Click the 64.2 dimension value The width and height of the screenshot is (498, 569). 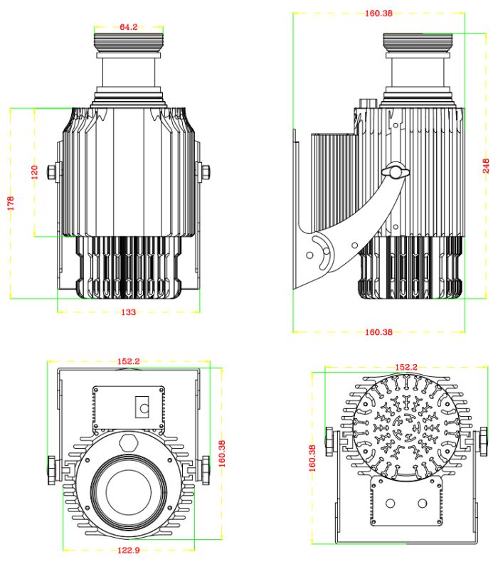coord(129,27)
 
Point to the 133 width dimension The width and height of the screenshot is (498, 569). coord(129,312)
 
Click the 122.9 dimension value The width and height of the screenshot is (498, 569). coord(129,551)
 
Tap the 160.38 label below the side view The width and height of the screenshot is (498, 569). coord(378,331)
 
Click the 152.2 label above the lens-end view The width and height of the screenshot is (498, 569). coord(129,361)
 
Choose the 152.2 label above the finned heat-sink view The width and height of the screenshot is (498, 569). coord(406,367)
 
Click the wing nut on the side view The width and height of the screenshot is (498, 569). coord(393,171)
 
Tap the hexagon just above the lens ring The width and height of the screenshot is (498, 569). coord(129,441)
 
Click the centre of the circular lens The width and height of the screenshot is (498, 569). coord(129,491)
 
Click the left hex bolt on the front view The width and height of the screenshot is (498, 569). coord(53,171)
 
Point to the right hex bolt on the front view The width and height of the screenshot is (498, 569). coord(205,171)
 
